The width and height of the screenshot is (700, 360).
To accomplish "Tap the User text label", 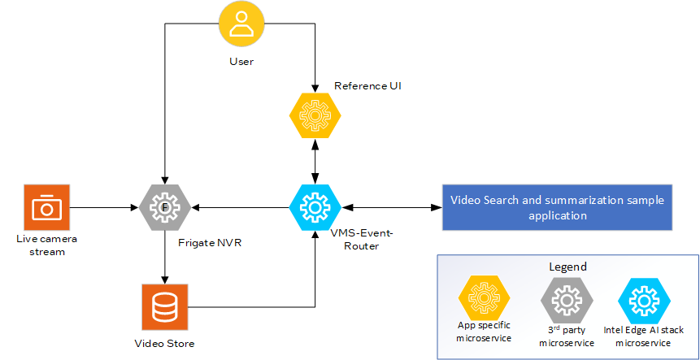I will (241, 62).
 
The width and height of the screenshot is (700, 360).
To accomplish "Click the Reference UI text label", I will (367, 85).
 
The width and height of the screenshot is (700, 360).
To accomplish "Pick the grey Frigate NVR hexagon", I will (164, 209).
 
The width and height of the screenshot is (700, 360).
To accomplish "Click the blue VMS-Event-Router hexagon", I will (315, 209).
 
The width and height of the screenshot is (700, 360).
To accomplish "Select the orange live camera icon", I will (46, 209).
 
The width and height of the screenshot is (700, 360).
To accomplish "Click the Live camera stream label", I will (45, 245).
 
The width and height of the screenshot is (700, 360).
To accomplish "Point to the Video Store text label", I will (164, 344).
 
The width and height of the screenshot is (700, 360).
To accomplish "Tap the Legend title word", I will (567, 267).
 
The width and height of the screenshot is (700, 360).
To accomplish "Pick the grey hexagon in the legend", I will (565, 301).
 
